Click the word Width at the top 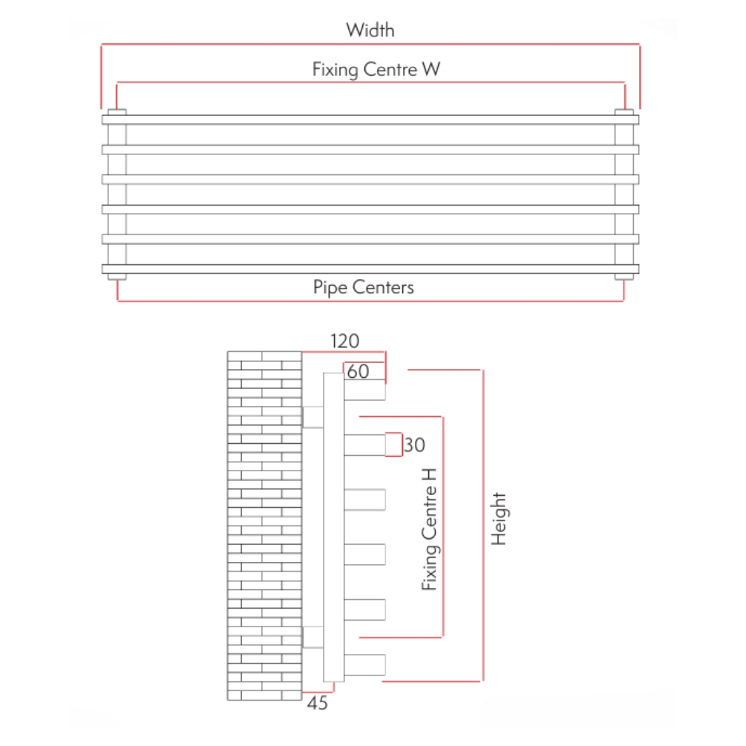[370, 30]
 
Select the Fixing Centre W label [376, 70]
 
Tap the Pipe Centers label [363, 287]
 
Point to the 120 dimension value [344, 341]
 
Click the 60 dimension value [358, 372]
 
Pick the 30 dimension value [416, 445]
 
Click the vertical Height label [499, 519]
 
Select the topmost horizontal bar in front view [370, 120]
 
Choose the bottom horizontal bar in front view [370, 269]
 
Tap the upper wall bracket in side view [313, 417]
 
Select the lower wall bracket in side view [313, 637]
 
